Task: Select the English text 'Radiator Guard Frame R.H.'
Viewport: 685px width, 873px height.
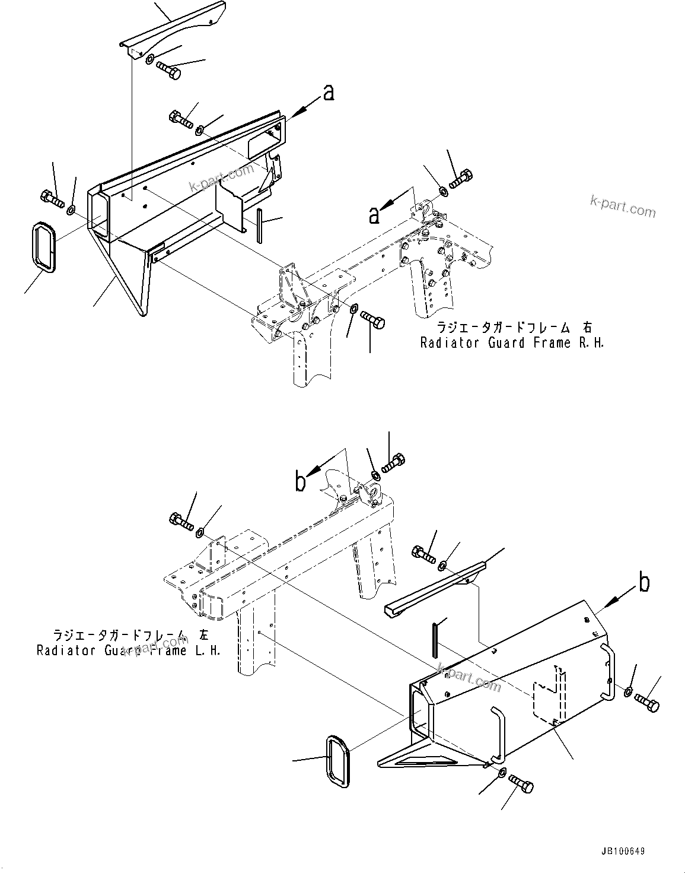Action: (x=512, y=343)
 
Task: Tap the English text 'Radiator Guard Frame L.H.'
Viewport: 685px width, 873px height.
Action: (x=129, y=650)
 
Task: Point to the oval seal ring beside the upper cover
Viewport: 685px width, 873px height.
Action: (x=43, y=247)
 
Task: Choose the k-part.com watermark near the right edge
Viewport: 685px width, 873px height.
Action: (x=623, y=207)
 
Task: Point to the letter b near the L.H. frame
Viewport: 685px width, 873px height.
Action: (x=301, y=481)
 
